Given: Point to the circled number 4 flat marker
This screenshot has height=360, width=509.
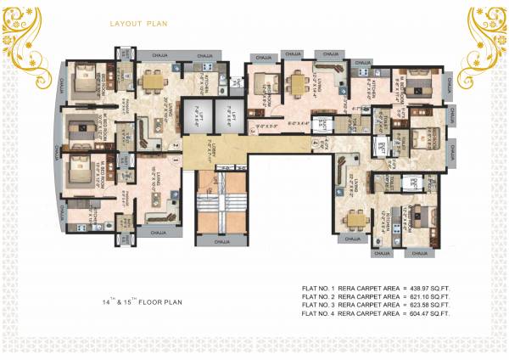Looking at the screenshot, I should pyautogui.click(x=316, y=145).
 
